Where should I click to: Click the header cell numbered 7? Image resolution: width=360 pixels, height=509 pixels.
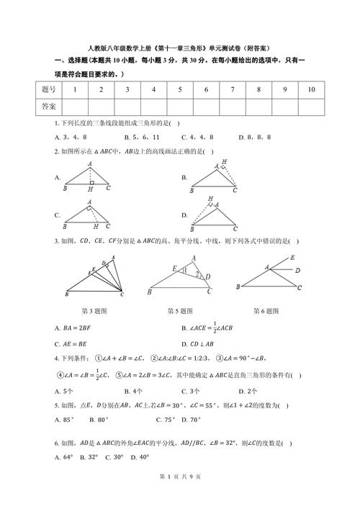(x=232, y=89)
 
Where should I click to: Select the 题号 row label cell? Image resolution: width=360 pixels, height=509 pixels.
(x=49, y=89)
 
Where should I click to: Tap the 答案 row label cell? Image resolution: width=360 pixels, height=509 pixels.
(x=49, y=107)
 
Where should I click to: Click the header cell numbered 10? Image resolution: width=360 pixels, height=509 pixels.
(x=311, y=89)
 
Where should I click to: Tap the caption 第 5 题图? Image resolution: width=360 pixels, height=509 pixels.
(x=179, y=312)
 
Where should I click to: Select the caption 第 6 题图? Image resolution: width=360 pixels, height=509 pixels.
(x=266, y=312)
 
